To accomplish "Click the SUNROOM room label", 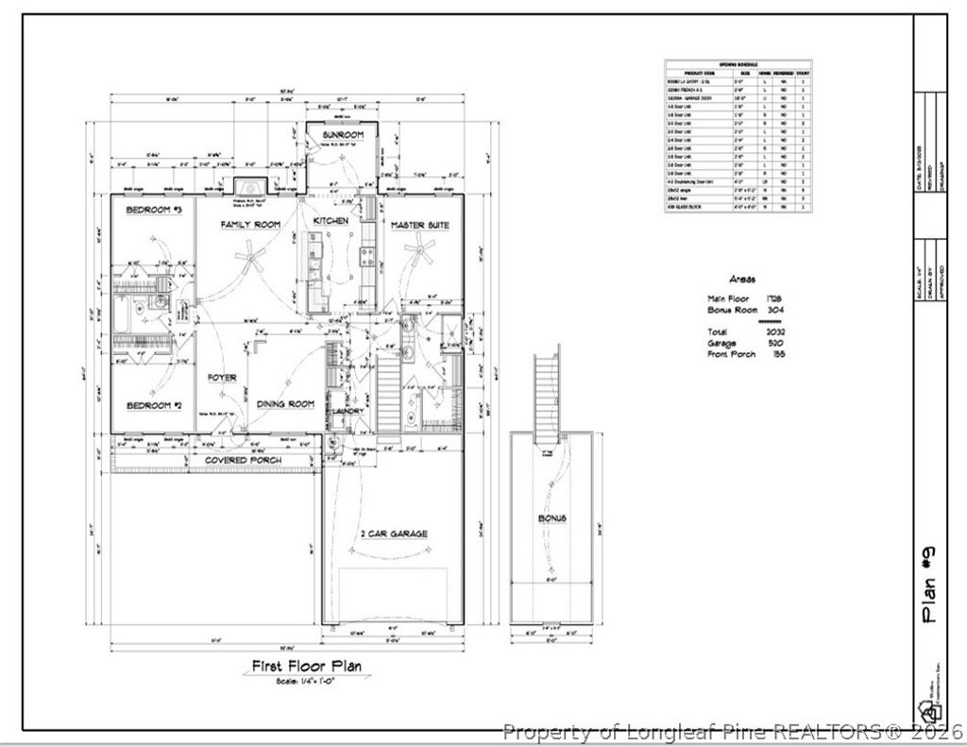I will coord(342,135).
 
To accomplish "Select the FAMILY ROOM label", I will coord(250,225).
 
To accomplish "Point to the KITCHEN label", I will coord(331,221).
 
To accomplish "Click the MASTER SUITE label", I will coord(420,226).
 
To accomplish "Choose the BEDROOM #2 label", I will coord(154,405).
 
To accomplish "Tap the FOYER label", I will coord(222,378).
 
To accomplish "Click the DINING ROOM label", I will coord(285,404).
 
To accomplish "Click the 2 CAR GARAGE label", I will coord(394,535).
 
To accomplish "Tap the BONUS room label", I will coord(552,519).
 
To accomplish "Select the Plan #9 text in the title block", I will coord(930,586).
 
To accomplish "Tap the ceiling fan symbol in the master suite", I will coord(418,251).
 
